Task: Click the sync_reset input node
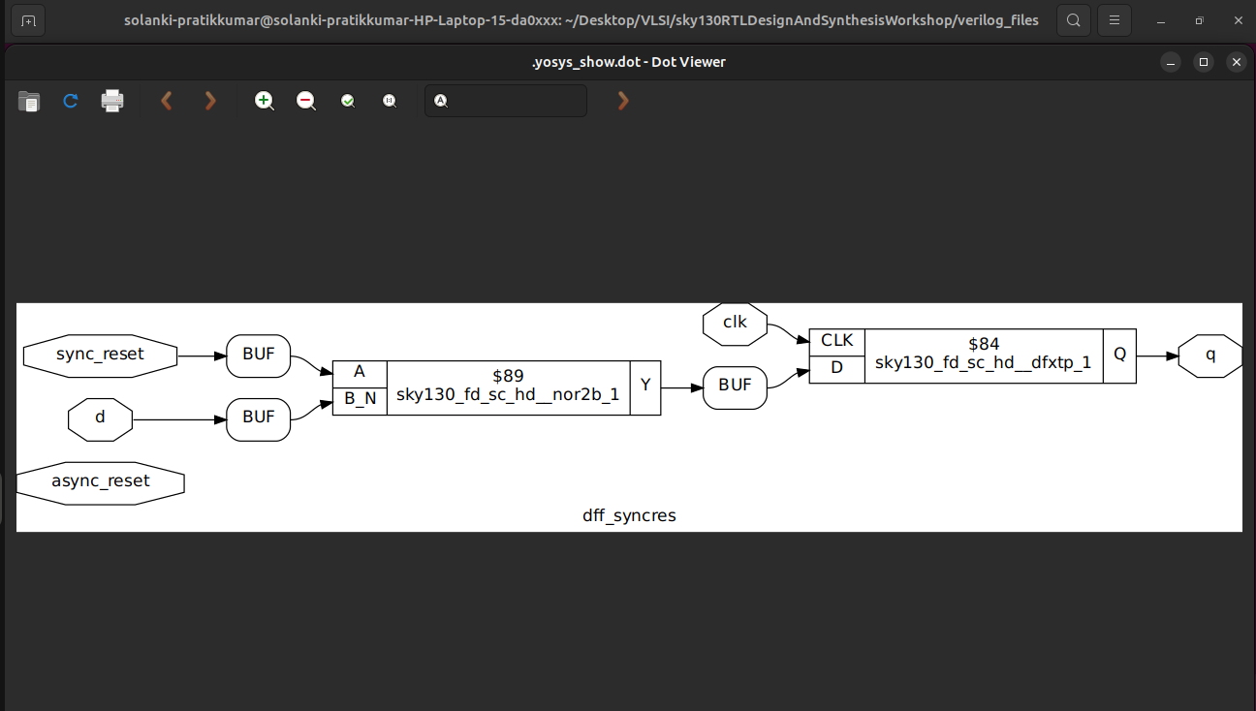[x=100, y=355]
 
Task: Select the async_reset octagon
[x=101, y=481]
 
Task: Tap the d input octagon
[x=100, y=419]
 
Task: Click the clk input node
[x=735, y=323]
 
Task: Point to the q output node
[x=1209, y=355]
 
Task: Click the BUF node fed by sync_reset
[x=258, y=355]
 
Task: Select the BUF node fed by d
[x=258, y=418]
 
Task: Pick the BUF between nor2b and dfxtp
[x=735, y=386]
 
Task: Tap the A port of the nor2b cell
[x=360, y=373]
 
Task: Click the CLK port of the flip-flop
[x=836, y=341]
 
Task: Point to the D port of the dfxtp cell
[x=836, y=369]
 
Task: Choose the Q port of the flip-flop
[x=1119, y=355]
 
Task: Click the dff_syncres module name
[x=629, y=515]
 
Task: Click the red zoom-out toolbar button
[x=306, y=101]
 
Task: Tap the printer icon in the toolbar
[x=112, y=101]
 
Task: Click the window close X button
[x=1236, y=62]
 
